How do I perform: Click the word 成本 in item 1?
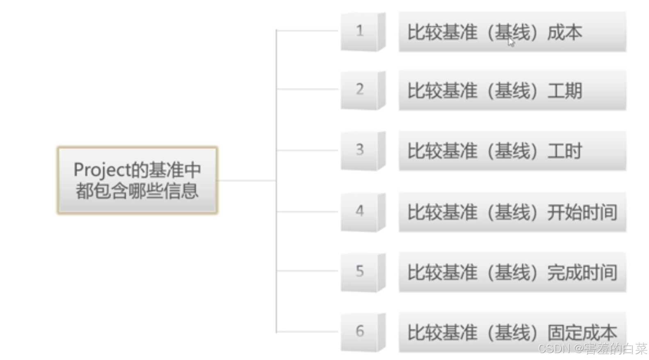click(x=564, y=32)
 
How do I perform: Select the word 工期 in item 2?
click(x=564, y=91)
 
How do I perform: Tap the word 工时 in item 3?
click(x=564, y=151)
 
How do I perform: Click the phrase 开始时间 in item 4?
click(x=582, y=212)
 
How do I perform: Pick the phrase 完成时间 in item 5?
click(x=582, y=273)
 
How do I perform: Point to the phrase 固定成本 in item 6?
click(x=582, y=332)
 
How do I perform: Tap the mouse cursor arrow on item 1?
click(x=511, y=42)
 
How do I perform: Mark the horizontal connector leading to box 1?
click(x=308, y=30)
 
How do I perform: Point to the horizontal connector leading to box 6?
click(x=308, y=332)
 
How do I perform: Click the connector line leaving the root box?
click(x=246, y=181)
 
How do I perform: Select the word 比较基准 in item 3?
click(x=442, y=151)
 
